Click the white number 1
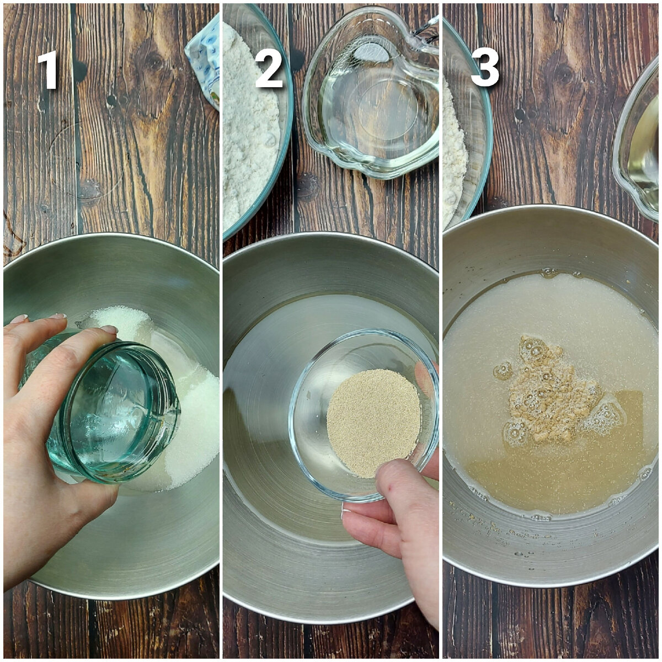pos(48,70)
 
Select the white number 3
pos(485,67)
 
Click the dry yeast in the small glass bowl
pos(374,423)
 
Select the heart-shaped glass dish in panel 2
pos(371,93)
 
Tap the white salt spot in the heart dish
pos(372,54)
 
